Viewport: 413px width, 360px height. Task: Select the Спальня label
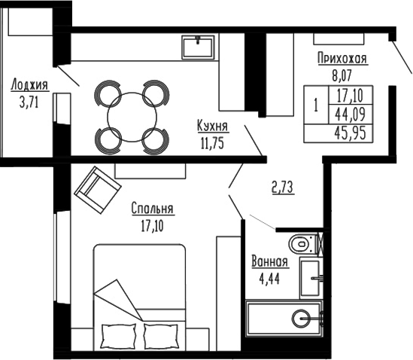152,209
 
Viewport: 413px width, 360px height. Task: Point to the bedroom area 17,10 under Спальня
152,223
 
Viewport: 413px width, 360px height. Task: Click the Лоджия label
26,85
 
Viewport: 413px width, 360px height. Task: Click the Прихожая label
342,61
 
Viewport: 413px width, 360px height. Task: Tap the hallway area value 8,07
342,75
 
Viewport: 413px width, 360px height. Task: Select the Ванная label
269,262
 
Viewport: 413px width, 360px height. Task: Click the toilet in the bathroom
303,244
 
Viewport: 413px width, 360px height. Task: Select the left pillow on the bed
120,335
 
